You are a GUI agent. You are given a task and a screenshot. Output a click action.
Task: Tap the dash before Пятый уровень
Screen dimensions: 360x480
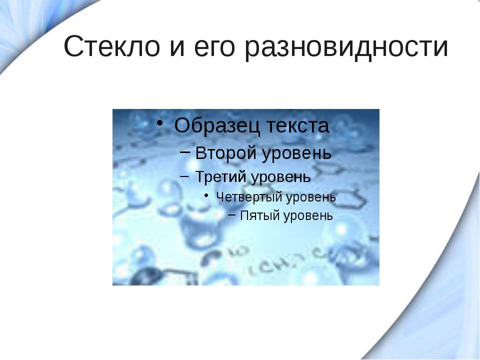(232, 216)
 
